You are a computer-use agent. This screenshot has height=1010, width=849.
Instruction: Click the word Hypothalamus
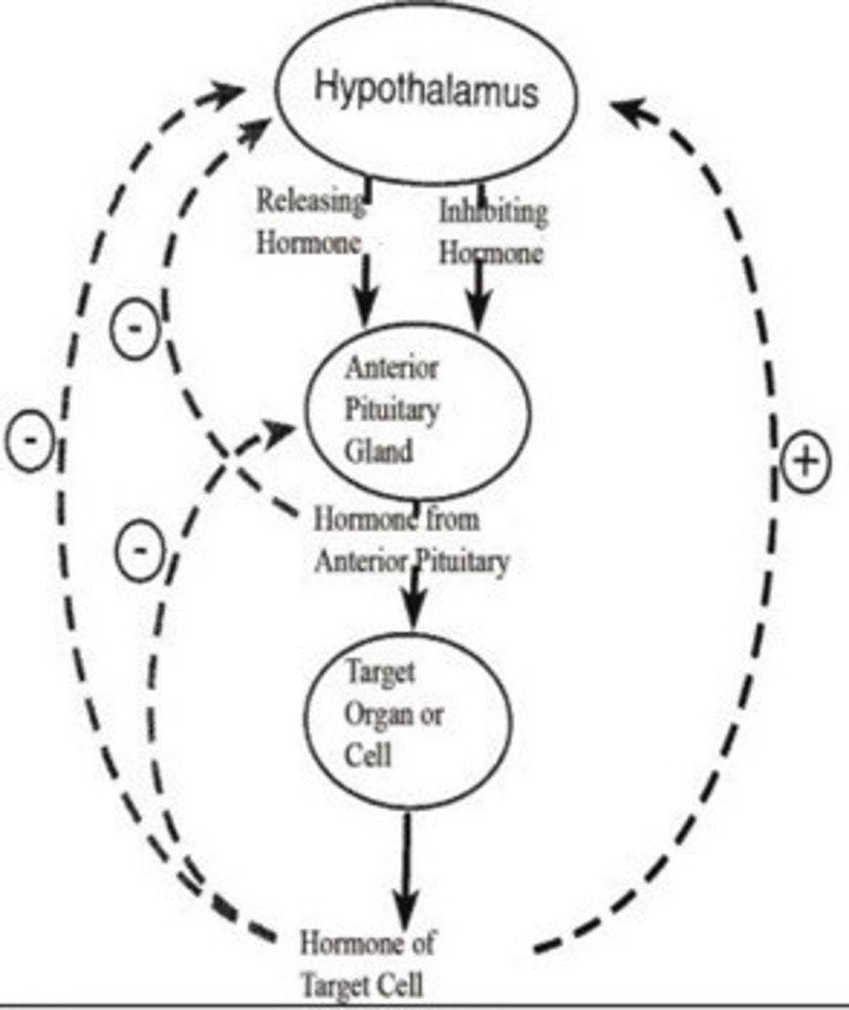[x=425, y=89]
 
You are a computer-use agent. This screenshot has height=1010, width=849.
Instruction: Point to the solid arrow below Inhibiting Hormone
[x=479, y=295]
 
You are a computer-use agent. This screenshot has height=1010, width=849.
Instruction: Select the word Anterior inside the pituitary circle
[x=391, y=369]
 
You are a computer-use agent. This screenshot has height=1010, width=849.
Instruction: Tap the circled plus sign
[x=805, y=462]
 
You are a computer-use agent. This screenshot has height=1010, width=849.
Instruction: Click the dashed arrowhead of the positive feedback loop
[x=622, y=109]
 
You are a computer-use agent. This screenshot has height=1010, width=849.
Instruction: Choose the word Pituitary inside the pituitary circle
[x=392, y=410]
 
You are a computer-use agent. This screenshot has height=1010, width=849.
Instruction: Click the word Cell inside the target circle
[x=368, y=755]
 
